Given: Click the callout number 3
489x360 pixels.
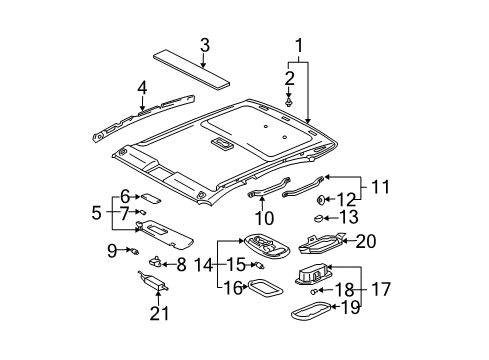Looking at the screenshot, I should coord(204,45).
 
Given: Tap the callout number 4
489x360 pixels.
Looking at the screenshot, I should coord(143,87).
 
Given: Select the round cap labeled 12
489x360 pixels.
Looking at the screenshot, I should coord(323,199).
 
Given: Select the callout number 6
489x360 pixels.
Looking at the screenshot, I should coord(126,196).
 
